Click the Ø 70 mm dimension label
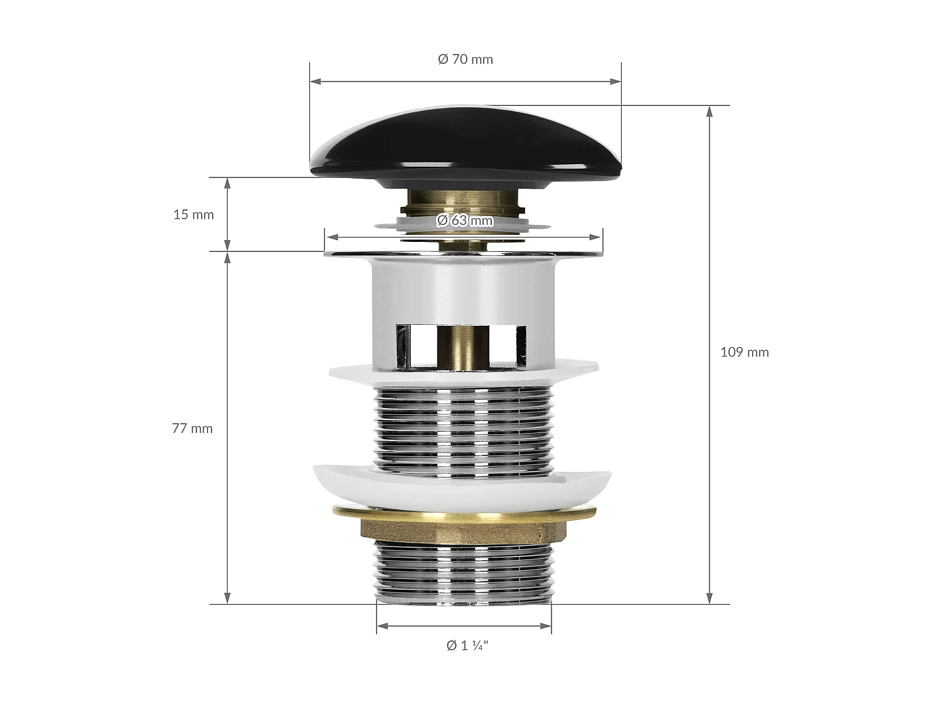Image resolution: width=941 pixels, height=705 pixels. click(465, 59)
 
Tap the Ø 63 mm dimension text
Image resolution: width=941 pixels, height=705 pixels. click(465, 221)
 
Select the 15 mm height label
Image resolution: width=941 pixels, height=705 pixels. click(193, 214)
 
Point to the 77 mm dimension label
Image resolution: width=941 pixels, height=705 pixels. click(192, 429)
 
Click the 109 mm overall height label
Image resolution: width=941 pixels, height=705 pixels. click(744, 352)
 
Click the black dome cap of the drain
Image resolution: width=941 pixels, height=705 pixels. click(465, 148)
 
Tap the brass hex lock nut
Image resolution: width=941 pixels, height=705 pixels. click(464, 530)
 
